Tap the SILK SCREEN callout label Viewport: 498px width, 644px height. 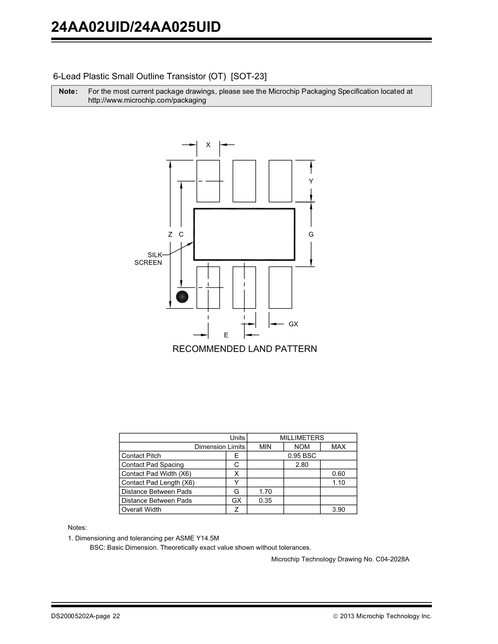tap(149, 259)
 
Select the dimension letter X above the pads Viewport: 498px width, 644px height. tap(208, 145)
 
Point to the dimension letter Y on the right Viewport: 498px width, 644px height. tap(311, 182)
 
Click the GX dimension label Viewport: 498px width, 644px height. tap(293, 324)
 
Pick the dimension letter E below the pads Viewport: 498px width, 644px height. tap(226, 335)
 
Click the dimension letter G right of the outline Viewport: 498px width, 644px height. tap(311, 234)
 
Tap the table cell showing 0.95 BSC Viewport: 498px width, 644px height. tap(302, 456)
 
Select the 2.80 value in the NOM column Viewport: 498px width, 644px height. tap(302, 464)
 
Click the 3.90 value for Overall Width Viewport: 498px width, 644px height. tap(338, 509)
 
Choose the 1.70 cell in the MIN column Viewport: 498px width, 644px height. tap(265, 491)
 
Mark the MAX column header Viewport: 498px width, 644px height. tap(338, 447)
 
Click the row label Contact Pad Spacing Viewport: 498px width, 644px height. tap(153, 464)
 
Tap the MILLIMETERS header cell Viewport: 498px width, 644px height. tap(302, 438)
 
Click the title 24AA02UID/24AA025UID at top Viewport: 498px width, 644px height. tap(136, 27)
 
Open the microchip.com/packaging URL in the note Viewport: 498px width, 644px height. tap(147, 100)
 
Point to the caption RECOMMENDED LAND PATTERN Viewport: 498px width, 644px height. tap(244, 349)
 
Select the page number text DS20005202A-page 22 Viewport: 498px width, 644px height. tap(85, 616)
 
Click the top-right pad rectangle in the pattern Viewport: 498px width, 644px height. tap(280, 181)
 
